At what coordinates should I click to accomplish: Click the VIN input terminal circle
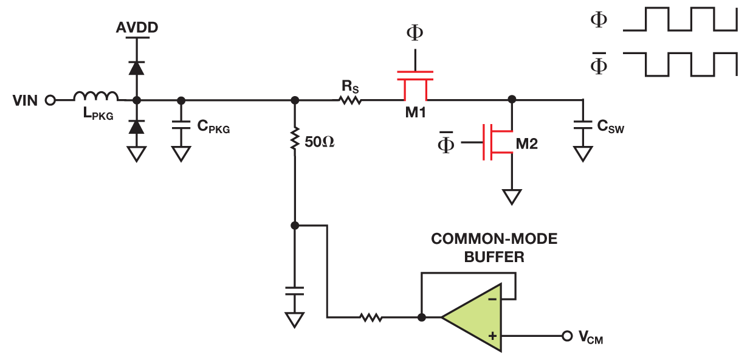[x=50, y=100]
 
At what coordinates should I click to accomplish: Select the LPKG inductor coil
[x=96, y=95]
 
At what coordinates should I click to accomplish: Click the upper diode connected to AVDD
[x=137, y=67]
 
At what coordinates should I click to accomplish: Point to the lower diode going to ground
[x=137, y=126]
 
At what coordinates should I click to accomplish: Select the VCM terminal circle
[x=566, y=336]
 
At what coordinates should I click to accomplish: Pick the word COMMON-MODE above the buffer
[x=494, y=239]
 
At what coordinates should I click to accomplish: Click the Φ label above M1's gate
[x=415, y=33]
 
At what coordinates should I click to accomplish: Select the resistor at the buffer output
[x=370, y=317]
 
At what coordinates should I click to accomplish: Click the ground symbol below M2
[x=512, y=197]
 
